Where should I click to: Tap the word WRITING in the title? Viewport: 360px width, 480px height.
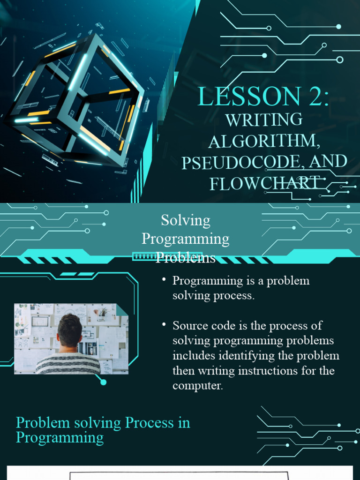(x=263, y=120)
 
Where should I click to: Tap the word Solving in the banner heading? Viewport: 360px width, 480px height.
(x=186, y=220)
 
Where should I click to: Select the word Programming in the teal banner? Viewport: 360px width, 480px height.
(x=186, y=239)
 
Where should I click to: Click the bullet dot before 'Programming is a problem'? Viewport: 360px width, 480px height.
(x=164, y=280)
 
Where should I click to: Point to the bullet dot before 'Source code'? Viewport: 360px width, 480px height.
(x=164, y=324)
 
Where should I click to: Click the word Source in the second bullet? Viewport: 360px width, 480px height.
(x=188, y=326)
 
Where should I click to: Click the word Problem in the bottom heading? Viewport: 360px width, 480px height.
(x=40, y=423)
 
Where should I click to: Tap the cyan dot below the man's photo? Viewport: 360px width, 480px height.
(x=104, y=382)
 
